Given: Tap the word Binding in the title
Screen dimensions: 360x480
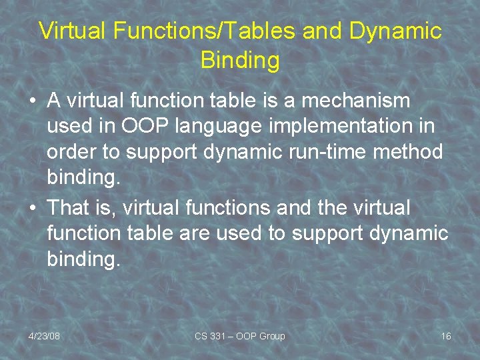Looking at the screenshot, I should coord(240,60).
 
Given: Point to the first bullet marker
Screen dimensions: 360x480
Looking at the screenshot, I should coord(33,102).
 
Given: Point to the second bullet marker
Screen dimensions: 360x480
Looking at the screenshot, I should coord(33,209).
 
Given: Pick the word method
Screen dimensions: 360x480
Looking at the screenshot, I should coord(408,152).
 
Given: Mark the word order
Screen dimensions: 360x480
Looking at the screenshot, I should coord(73,152).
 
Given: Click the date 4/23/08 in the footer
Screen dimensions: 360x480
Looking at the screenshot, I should coord(44,336).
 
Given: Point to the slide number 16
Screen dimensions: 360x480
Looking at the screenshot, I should coord(446,336).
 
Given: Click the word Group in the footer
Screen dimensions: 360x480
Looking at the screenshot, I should coord(271,336).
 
